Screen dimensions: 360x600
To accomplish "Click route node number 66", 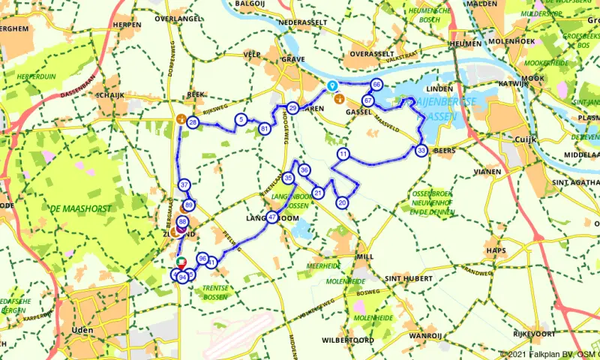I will (x=376, y=85).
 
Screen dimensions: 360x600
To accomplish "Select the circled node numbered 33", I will (x=421, y=151).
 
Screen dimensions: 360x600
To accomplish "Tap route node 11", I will (x=343, y=154).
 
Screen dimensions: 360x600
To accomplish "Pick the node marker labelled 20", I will (x=342, y=202).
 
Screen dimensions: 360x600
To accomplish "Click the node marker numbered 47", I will (x=272, y=217).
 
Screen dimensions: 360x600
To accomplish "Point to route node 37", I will (x=184, y=185).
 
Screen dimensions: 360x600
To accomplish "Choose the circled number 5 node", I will (x=241, y=119).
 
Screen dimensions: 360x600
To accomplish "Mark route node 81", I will (x=264, y=129).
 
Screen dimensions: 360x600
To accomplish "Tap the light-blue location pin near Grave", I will (x=331, y=86).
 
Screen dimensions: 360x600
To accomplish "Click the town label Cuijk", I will (x=523, y=139).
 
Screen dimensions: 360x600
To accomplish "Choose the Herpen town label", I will (x=127, y=24).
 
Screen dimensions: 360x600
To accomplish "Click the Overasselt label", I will (x=371, y=54).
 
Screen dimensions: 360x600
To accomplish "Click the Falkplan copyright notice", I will (x=550, y=354).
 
